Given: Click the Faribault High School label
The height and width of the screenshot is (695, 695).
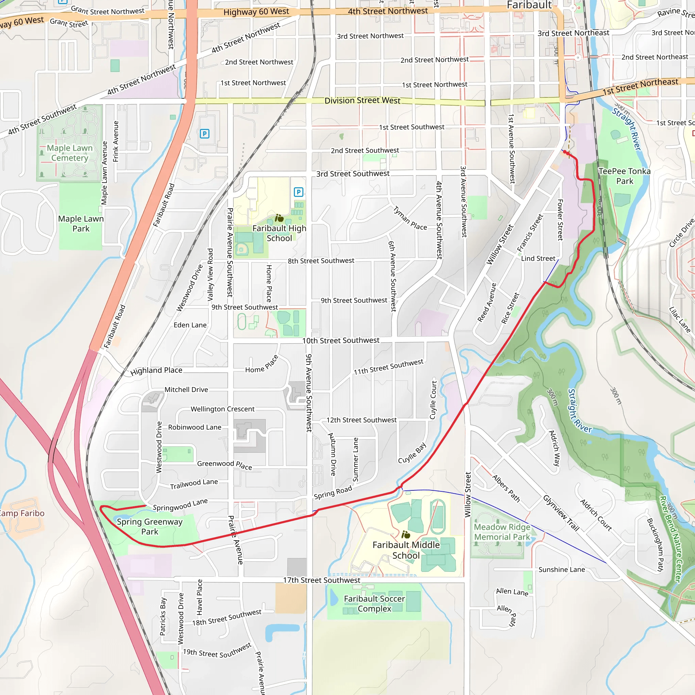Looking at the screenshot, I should [279, 233].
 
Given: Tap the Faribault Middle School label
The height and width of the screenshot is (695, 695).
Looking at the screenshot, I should [406, 550].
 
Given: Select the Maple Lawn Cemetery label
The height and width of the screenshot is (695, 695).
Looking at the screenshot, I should [70, 153].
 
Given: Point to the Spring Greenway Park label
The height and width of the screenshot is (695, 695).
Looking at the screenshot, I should [150, 526].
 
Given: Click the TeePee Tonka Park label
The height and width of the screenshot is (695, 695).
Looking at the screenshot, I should [624, 176].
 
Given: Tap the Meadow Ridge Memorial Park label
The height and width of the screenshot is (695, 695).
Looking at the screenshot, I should [502, 532].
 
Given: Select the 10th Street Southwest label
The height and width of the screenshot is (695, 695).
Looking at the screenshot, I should [341, 340].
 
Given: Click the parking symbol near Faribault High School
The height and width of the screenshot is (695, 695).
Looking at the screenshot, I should [298, 192].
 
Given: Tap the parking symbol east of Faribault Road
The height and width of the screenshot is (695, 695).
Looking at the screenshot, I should [204, 134].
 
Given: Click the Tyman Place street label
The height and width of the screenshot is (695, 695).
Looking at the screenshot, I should [410, 218].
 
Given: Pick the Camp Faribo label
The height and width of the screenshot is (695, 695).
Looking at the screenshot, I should [22, 513].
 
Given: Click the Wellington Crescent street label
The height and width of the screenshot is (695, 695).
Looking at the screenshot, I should [222, 409].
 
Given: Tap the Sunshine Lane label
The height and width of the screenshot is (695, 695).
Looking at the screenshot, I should [562, 569].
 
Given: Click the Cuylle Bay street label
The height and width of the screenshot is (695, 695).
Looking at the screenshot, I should [412, 453].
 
